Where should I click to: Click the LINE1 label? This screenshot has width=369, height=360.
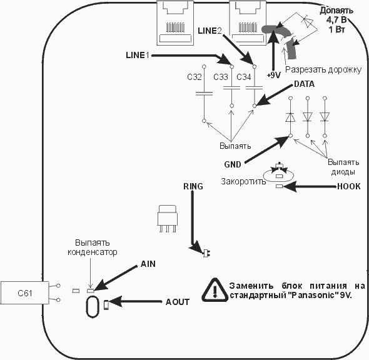[138, 55]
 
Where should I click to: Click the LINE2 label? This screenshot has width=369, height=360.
[210, 31]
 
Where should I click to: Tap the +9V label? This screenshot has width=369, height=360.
[274, 76]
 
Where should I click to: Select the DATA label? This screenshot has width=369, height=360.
[304, 84]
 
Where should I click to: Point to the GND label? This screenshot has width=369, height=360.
[233, 164]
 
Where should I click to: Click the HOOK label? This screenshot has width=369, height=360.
[349, 186]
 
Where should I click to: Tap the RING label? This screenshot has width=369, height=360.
[193, 186]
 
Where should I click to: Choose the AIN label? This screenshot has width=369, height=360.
[148, 264]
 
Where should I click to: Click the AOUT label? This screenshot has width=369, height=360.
[178, 302]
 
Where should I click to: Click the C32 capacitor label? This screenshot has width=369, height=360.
[195, 77]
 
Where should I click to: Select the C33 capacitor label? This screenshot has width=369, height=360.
[221, 77]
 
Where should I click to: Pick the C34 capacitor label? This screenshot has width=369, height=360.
[244, 77]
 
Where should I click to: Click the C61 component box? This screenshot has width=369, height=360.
[25, 292]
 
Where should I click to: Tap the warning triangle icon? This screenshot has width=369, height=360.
[215, 290]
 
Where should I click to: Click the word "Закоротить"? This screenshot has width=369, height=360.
[243, 181]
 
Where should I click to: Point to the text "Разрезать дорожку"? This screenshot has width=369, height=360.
[323, 70]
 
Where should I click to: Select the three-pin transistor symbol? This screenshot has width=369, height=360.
[168, 219]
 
